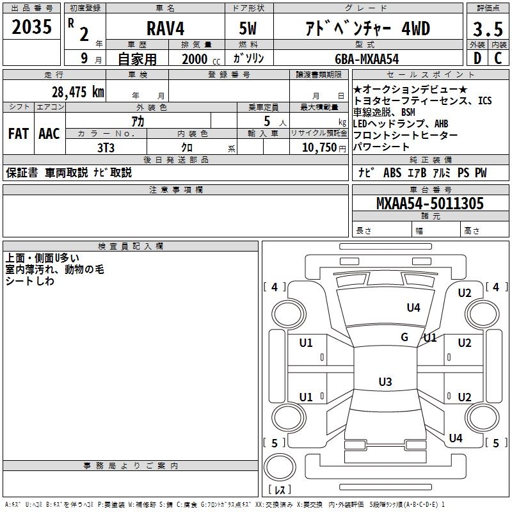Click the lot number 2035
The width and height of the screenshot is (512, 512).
(31, 27)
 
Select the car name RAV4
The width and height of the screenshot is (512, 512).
(164, 29)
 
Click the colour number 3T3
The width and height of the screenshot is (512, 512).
(106, 147)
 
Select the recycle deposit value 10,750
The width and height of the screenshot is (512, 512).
(318, 147)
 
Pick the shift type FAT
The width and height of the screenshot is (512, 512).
(19, 134)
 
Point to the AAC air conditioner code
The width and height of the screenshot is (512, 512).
(49, 134)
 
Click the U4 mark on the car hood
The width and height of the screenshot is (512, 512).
(413, 308)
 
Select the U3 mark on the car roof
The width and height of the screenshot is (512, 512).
(385, 382)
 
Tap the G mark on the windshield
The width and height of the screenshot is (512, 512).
(404, 337)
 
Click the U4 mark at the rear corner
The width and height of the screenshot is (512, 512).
(455, 438)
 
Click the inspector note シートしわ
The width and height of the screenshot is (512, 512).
(30, 282)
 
